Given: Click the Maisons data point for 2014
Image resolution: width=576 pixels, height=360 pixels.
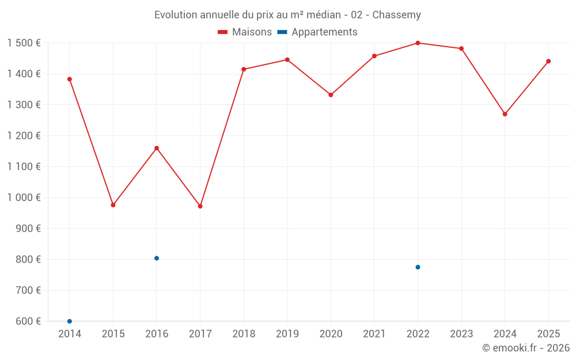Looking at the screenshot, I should pos(70,79).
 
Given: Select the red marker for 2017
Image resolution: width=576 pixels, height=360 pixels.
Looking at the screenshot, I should pos(200,206).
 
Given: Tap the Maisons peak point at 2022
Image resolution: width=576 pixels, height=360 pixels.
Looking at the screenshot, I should pos(418,43).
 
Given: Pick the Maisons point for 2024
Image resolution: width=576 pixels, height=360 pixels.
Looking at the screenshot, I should pos(505,114).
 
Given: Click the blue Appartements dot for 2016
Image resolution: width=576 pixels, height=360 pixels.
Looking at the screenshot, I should pos(157,258).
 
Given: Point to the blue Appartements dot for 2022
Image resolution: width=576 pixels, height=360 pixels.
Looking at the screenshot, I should pos(418,267).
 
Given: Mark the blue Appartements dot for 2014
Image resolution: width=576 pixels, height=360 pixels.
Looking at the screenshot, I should pos(70,321).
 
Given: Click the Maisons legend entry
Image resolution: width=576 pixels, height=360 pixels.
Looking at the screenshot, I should pos(245,32).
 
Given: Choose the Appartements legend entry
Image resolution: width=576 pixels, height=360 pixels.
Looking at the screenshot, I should pos(317,32).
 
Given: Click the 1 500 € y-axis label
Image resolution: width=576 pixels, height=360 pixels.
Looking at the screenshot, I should pos(24,43).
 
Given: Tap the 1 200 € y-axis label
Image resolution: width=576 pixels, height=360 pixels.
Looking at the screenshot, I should pos(24,136).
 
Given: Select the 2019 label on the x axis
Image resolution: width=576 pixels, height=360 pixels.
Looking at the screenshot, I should pos(287,334).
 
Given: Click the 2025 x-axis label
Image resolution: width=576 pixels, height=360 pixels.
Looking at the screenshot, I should pos(548,334).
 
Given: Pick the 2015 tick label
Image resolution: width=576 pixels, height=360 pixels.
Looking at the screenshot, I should pos(113,334).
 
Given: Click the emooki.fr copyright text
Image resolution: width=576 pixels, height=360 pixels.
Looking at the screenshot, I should pos(525,348).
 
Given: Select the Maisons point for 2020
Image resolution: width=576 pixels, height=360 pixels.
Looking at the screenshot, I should pos(331,95).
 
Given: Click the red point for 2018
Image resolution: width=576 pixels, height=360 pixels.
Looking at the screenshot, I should pos(244,69).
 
